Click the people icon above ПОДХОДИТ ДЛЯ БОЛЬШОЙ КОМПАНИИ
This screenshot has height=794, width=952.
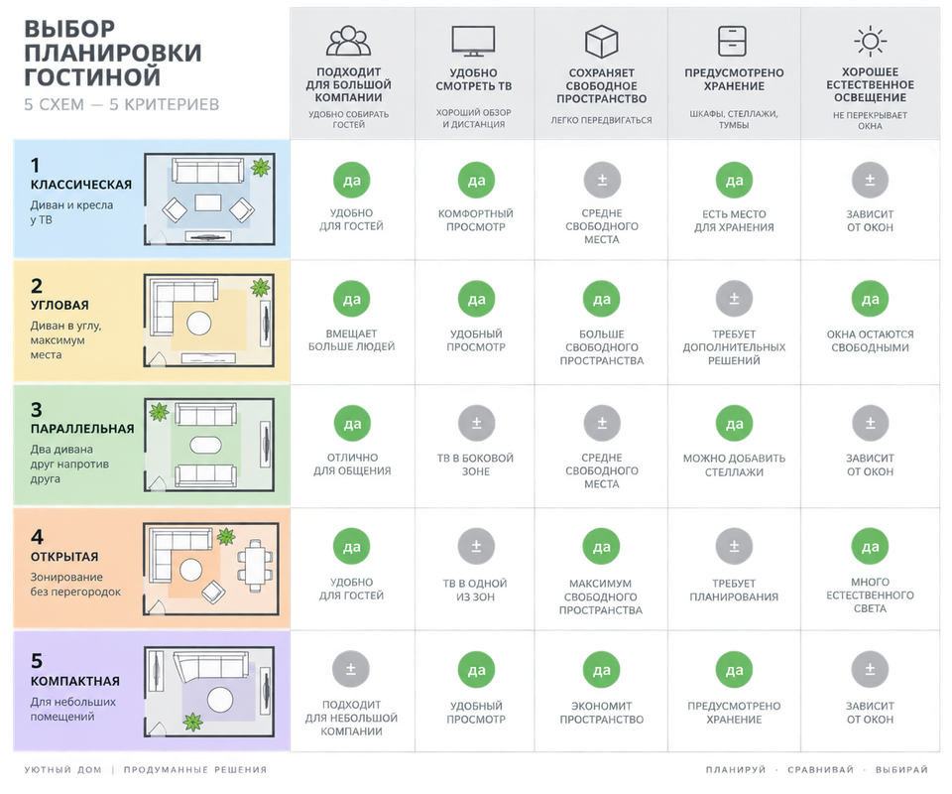348,41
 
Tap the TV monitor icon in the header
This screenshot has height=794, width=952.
474,41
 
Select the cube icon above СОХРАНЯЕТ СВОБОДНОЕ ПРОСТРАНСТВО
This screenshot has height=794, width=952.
601,42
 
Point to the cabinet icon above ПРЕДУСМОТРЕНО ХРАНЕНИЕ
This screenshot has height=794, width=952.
732,41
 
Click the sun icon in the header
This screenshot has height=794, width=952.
870,41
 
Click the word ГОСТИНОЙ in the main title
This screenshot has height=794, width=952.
93,77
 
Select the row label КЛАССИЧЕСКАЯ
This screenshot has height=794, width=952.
81,185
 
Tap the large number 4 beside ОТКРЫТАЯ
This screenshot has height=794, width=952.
37,536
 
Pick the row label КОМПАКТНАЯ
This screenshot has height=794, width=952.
75,681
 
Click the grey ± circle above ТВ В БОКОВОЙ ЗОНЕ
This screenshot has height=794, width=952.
476,423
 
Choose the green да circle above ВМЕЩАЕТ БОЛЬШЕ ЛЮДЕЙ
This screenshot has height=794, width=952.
351,299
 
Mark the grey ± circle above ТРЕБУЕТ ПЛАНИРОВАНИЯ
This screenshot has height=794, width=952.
734,547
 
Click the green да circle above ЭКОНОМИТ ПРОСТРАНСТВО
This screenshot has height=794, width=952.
602,670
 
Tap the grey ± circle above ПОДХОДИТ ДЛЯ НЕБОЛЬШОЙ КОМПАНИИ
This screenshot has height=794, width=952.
351,669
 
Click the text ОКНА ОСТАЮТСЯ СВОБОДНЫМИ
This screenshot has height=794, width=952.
870,340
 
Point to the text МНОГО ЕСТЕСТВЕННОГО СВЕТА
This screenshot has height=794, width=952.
870,595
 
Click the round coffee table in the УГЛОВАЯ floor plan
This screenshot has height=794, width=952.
199,324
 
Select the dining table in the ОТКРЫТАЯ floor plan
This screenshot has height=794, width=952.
255,565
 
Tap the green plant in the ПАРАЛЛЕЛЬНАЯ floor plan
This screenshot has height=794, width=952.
159,411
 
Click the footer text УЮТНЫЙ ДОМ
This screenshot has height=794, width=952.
63,770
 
